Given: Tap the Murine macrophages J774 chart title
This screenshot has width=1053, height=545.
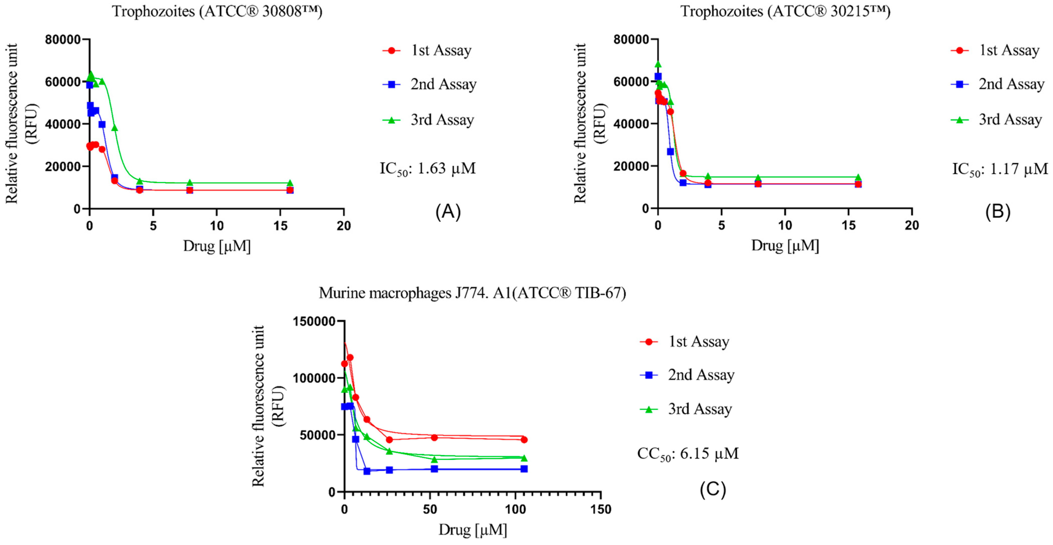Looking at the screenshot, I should tap(472, 293).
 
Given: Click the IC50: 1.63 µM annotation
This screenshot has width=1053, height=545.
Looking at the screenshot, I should tap(427, 169).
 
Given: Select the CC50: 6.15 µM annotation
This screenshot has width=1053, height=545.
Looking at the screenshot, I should tap(687, 453).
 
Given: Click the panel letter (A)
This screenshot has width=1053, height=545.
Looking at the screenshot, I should tap(448, 212).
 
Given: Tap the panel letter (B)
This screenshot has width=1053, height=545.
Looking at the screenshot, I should tap(998, 212).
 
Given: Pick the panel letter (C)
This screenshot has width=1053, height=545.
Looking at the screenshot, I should tap(712, 489).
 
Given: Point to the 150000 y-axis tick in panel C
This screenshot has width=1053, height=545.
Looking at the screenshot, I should tap(314, 321).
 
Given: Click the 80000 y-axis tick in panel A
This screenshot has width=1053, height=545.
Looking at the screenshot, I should tap(62, 40).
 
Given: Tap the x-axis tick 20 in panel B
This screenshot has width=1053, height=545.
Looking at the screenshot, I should tap(912, 225).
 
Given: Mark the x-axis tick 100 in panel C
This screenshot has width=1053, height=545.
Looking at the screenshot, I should tap(515, 509).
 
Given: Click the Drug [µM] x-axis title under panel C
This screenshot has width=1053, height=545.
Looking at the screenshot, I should tap(472, 530).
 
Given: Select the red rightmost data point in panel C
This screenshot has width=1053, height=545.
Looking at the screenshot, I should tap(524, 440).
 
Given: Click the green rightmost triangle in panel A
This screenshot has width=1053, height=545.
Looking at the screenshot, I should tap(290, 183).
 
